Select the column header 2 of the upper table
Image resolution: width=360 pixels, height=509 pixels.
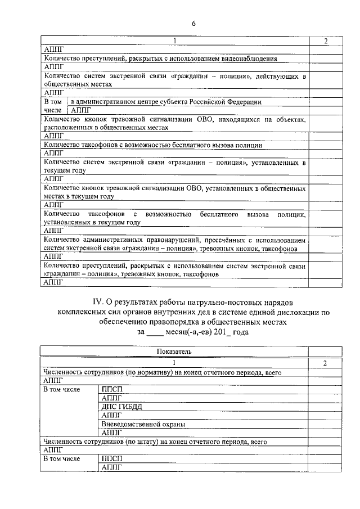(326, 41)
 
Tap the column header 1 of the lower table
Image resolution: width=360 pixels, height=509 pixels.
(174, 363)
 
